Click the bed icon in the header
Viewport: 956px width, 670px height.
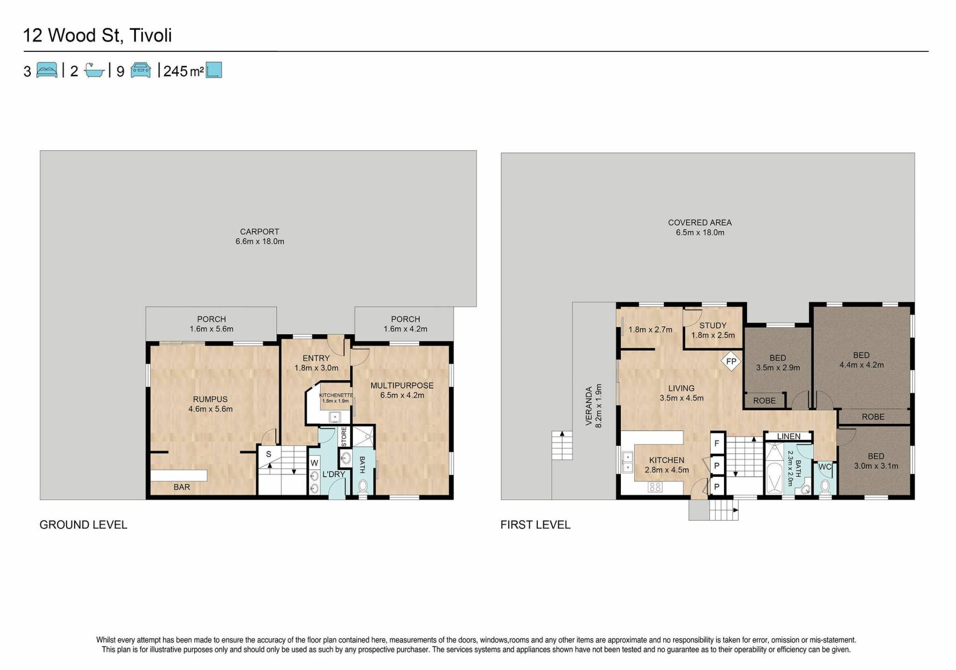click(x=47, y=70)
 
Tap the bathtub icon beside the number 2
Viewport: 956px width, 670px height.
click(x=94, y=70)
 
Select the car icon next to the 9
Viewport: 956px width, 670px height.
click(x=140, y=70)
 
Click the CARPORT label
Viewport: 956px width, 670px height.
click(x=259, y=232)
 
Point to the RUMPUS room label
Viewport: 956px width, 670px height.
click(x=210, y=399)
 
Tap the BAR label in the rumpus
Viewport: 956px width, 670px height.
click(x=182, y=487)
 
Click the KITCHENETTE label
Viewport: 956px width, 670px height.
click(x=336, y=395)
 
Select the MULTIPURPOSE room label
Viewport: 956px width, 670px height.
click(x=402, y=386)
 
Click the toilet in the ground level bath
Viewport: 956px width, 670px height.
click(x=363, y=485)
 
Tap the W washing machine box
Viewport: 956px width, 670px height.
click(x=314, y=463)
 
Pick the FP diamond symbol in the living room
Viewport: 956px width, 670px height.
click(x=731, y=361)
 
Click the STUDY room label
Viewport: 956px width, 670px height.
click(x=713, y=325)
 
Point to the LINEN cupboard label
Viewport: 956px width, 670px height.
click(x=789, y=436)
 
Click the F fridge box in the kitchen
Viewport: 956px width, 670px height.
click(x=717, y=443)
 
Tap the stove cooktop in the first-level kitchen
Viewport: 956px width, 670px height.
click(x=655, y=487)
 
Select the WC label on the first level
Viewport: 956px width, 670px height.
click(x=825, y=467)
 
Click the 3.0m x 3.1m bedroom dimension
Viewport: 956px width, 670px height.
click(x=876, y=466)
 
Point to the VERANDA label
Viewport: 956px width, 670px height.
click(x=589, y=406)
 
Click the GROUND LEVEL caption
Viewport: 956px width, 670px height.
click(x=83, y=525)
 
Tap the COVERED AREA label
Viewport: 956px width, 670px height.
click(x=700, y=223)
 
